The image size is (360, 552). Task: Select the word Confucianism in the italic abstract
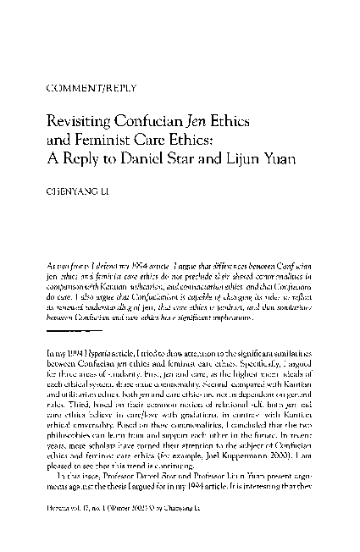click(170, 273)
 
